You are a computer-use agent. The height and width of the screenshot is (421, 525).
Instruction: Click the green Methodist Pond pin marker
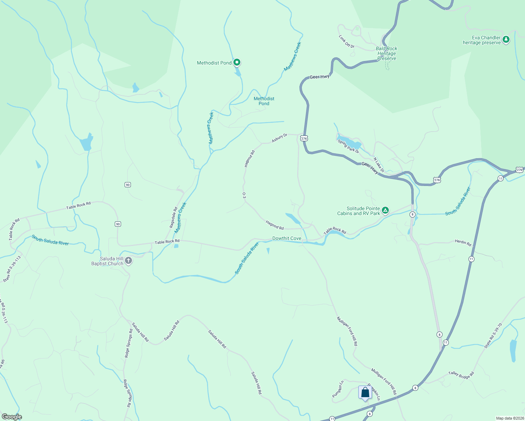[x=237, y=62]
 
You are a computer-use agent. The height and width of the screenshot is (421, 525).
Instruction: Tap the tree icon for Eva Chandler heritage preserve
[x=506, y=40]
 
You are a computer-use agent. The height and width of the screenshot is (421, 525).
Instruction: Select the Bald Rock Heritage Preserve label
[x=386, y=54]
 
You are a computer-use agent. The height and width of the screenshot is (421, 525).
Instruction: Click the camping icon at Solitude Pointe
[x=385, y=210]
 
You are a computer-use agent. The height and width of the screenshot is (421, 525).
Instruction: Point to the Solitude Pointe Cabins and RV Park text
[x=359, y=211]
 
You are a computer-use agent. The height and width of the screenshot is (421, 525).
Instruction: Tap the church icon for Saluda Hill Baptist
[x=128, y=261]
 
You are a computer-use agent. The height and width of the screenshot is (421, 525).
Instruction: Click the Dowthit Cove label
[x=287, y=238]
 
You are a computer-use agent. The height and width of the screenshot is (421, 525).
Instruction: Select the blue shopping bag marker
[x=365, y=392]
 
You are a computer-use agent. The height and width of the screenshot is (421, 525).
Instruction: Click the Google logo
[x=12, y=417]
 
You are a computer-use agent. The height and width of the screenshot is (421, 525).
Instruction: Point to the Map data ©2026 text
[x=509, y=418]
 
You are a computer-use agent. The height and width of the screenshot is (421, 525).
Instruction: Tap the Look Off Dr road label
[x=347, y=41]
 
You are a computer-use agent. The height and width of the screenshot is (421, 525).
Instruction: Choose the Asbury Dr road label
[x=280, y=138]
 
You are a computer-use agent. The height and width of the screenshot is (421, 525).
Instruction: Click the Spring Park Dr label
[x=348, y=146]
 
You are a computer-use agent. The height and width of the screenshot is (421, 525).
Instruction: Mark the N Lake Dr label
[x=379, y=165]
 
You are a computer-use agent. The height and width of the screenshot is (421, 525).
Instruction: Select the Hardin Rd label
[x=463, y=242]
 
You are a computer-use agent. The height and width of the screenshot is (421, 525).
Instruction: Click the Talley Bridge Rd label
[x=461, y=375]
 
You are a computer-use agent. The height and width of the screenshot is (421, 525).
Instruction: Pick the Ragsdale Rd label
[x=173, y=218]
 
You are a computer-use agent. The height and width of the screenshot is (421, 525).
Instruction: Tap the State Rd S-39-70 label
[x=493, y=336]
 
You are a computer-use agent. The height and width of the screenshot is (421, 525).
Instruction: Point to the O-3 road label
[x=244, y=196]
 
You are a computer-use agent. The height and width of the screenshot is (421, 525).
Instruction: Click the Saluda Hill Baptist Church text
[x=107, y=261]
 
